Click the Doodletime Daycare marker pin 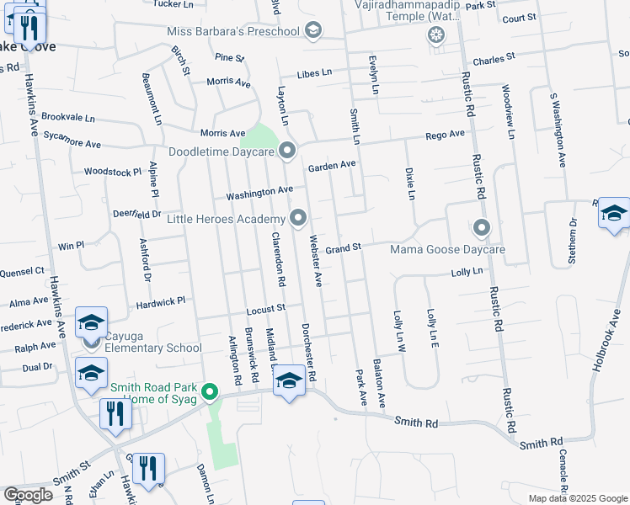[x=287, y=151]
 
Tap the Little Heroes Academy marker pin [x=298, y=219]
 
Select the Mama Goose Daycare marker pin [x=482, y=227]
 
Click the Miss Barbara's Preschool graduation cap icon [x=312, y=32]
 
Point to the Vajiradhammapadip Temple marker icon [x=435, y=35]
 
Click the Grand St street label [x=343, y=248]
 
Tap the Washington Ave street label [x=259, y=194]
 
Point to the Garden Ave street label [x=332, y=166]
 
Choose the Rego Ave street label [x=445, y=135]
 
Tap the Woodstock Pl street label [x=113, y=172]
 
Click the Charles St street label [x=493, y=60]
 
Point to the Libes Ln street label [x=314, y=73]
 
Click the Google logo [x=28, y=494]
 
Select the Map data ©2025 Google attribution [x=578, y=498]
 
